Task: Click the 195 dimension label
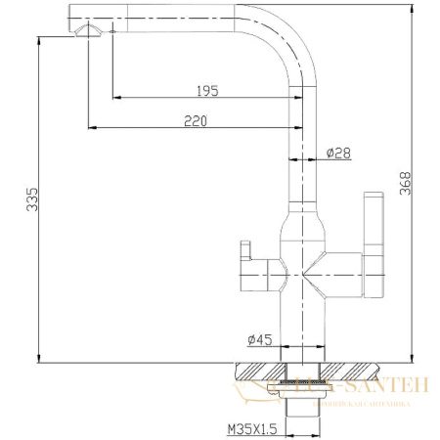205,90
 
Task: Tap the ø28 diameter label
338,154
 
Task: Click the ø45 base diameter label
259,339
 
